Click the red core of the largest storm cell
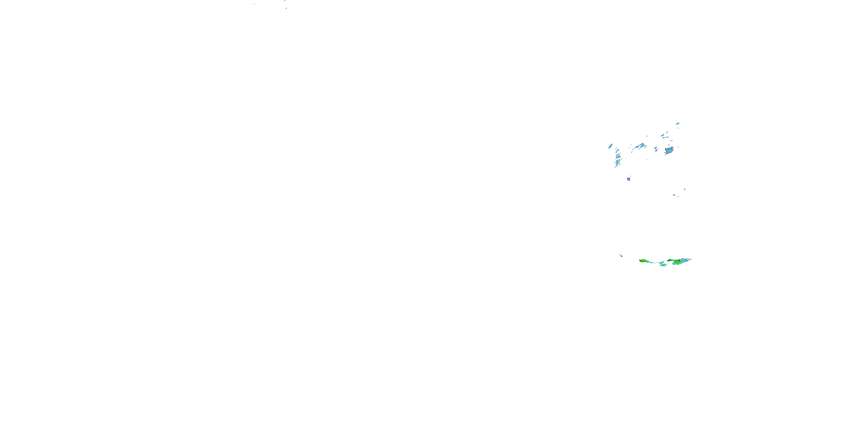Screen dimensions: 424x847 coord(677,261)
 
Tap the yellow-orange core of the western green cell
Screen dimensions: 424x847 coord(642,261)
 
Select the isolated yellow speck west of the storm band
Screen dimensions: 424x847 coord(621,256)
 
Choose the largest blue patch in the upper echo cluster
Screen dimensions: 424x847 coord(669,151)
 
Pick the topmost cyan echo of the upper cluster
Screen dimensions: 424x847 coord(678,124)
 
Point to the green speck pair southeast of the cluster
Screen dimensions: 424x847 coord(675,196)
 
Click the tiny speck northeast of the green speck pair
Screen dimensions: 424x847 coord(685,189)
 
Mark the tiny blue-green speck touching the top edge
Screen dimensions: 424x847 coord(285,1)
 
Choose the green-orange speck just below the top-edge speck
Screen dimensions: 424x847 coord(286,8)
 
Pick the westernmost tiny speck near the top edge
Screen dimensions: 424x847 coord(254,4)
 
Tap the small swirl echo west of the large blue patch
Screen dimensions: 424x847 coord(656,149)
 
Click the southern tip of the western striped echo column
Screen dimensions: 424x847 coord(615,166)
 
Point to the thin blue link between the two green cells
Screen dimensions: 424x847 coord(656,262)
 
